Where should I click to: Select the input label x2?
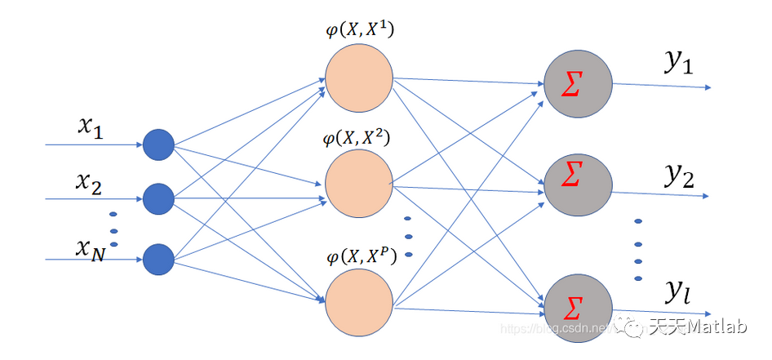[88, 183]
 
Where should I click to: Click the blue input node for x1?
[159, 145]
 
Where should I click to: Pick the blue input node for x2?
[159, 198]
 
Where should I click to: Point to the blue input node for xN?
[159, 260]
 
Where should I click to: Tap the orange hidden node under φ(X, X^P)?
[359, 301]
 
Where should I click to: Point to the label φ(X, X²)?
[357, 138]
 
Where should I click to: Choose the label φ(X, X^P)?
[360, 257]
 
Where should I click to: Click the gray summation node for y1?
[578, 85]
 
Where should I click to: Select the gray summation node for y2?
[578, 184]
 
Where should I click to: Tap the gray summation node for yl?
[578, 308]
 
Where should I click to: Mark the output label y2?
[678, 173]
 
